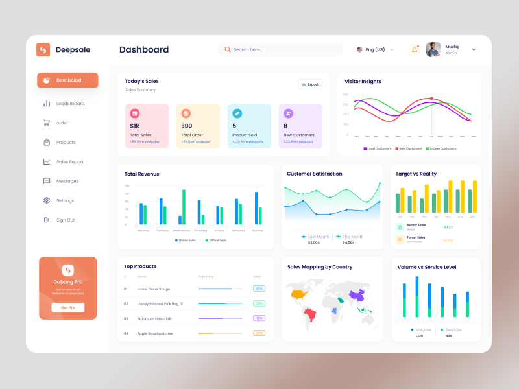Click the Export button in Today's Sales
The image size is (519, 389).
[x=310, y=84]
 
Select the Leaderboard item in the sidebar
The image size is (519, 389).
[x=70, y=104]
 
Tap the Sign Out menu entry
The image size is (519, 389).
[x=65, y=220]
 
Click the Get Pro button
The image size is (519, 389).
[x=68, y=307]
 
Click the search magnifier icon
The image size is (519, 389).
[x=228, y=49]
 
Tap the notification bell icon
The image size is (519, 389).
[x=414, y=49]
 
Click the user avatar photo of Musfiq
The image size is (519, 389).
[x=433, y=49]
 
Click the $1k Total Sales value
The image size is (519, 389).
[x=135, y=126]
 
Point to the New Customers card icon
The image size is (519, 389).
[x=288, y=113]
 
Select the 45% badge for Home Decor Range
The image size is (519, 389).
[x=259, y=289]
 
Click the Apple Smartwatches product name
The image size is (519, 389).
[x=155, y=333]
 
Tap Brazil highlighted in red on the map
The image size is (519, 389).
[x=310, y=315]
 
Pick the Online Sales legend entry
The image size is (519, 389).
[x=185, y=240]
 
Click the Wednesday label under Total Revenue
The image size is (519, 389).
[x=181, y=231]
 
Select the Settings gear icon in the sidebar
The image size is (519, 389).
[x=47, y=201]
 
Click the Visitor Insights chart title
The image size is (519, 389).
[x=363, y=82]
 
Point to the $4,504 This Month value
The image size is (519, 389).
[x=348, y=242]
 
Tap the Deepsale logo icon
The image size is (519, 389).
[x=43, y=49]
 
